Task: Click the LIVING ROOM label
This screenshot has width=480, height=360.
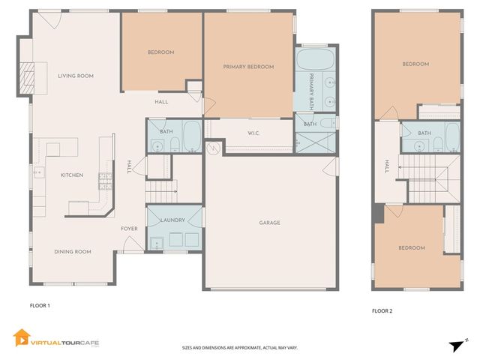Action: coord(76,76)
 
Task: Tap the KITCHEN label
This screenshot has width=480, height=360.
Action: coord(72,175)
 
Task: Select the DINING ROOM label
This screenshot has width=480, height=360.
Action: coord(73,252)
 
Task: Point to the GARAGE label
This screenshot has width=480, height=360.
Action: coord(270,223)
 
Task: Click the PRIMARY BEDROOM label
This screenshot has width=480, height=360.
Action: coord(248,67)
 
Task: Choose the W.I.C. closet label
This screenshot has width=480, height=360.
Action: coord(253,133)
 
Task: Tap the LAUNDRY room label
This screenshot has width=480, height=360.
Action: coord(173,220)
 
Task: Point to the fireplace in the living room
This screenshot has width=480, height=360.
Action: coord(27,75)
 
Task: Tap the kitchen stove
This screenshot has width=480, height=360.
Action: coord(105,179)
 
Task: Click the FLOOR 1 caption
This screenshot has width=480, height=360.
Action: coord(40,306)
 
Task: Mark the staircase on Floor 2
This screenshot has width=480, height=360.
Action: coord(427,176)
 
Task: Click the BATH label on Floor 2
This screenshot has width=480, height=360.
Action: coord(424,133)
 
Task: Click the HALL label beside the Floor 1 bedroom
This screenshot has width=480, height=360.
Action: coord(161,102)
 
